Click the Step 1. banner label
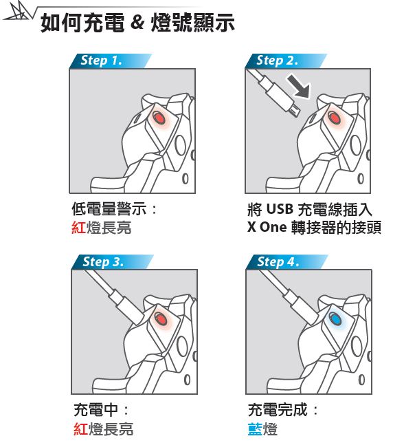101,61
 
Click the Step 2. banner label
277,61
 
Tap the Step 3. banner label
103,261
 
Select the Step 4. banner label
278,261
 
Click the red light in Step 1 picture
159,118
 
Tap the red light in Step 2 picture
335,118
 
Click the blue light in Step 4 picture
335,318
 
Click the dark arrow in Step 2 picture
300,86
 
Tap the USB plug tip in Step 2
296,110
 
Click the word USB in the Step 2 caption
280,209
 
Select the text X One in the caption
267,227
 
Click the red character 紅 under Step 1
78,228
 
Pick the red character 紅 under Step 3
80,428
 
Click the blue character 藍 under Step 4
255,428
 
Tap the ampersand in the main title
138,23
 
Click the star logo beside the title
18,12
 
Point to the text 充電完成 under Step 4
278,410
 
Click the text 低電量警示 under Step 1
109,209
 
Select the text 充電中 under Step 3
96,410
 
